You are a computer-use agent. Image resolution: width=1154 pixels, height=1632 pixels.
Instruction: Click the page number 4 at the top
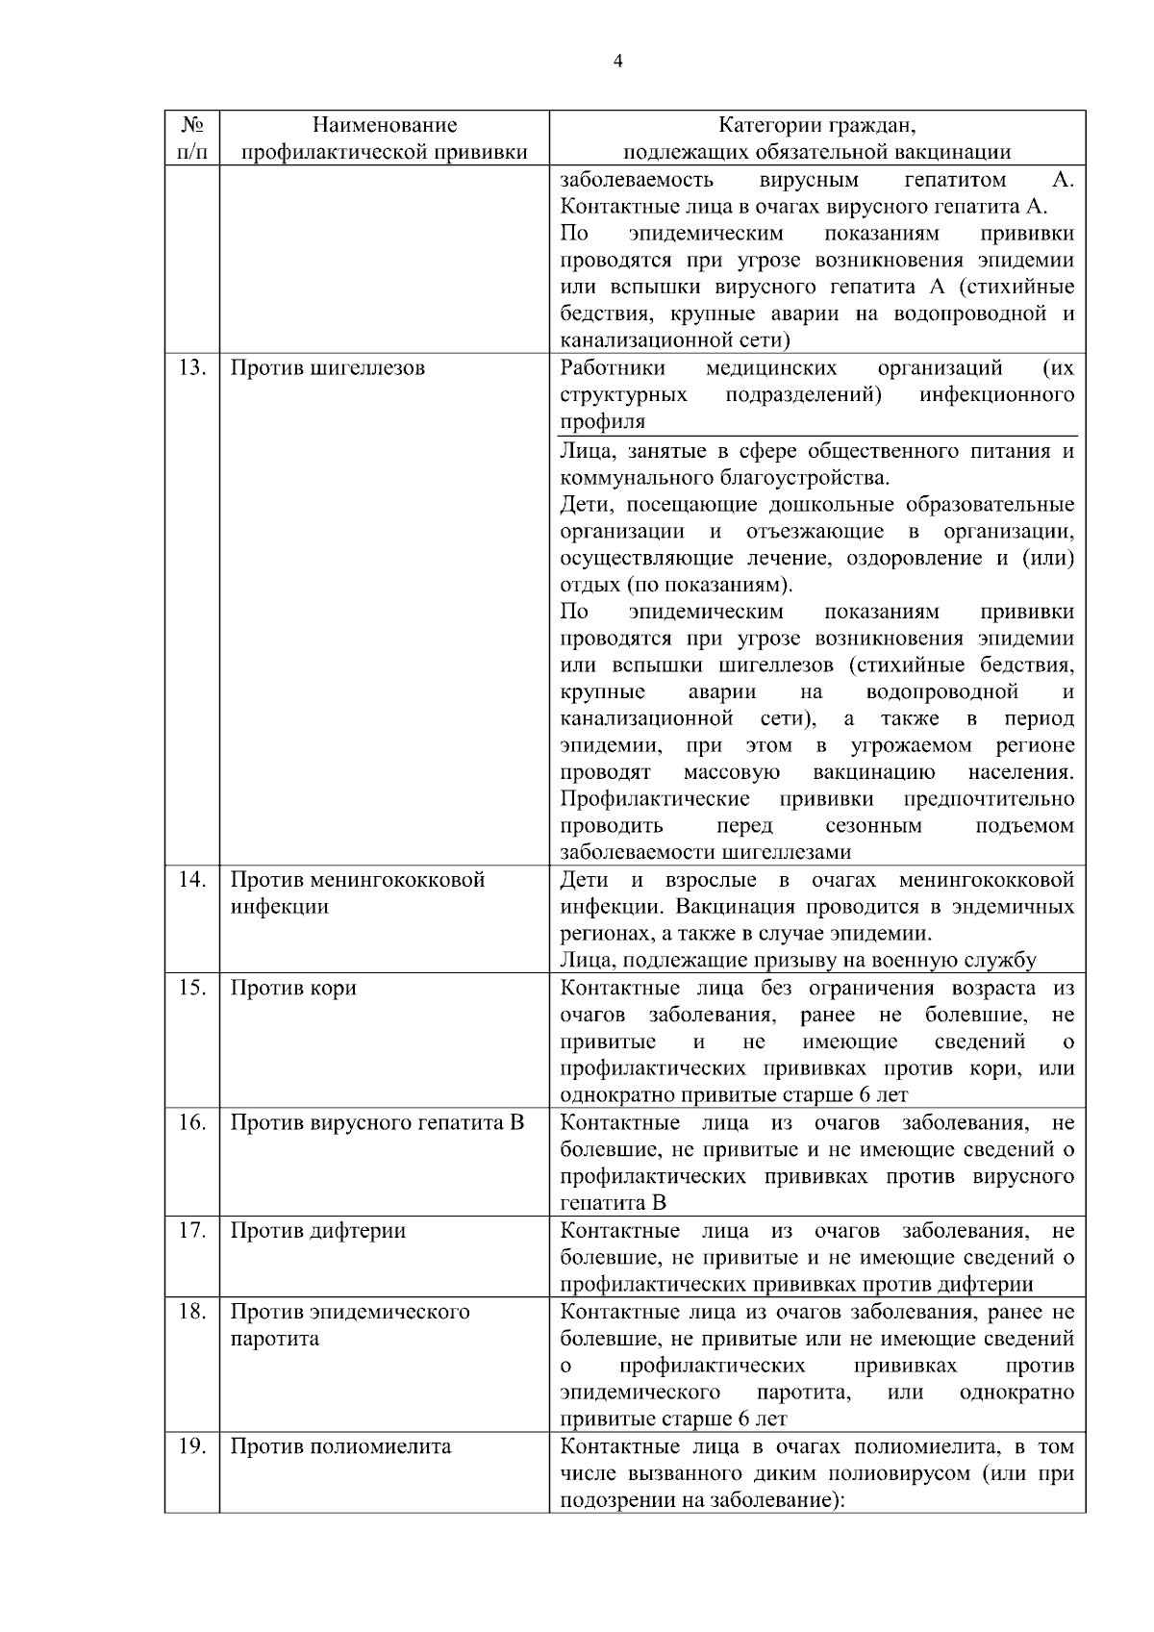coord(617,62)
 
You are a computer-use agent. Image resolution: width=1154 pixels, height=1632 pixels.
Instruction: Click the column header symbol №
coord(192,125)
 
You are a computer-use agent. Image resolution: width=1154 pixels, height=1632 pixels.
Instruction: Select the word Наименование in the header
coord(385,125)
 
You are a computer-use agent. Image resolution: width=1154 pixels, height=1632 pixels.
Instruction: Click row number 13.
coord(192,368)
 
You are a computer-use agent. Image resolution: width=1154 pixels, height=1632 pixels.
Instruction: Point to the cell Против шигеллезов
coord(327,368)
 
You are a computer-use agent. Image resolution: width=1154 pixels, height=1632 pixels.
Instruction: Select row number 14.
coord(192,880)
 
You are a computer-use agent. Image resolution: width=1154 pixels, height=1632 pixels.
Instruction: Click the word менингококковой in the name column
coord(405,880)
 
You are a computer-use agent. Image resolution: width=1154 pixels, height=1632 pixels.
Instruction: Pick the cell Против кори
coord(293,989)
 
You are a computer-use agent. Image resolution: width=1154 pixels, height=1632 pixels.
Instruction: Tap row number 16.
coord(192,1123)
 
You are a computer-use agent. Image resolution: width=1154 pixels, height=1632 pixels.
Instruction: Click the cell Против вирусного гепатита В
coord(377,1123)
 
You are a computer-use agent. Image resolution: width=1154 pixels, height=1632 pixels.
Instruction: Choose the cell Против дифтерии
coord(317,1231)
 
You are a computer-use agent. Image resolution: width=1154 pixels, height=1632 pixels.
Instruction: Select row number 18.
coord(192,1313)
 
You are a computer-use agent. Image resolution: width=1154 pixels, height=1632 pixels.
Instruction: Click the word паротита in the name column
coord(274,1340)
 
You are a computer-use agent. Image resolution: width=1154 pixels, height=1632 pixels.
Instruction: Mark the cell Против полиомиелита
coord(340,1447)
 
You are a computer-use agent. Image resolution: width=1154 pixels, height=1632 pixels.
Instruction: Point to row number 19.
coord(192,1447)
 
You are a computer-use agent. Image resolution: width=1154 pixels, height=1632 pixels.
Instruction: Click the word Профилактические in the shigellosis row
coord(655,800)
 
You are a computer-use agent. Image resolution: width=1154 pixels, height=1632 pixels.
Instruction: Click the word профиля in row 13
coord(602,422)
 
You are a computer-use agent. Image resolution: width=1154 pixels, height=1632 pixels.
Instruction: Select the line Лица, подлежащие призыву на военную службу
coord(798,961)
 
